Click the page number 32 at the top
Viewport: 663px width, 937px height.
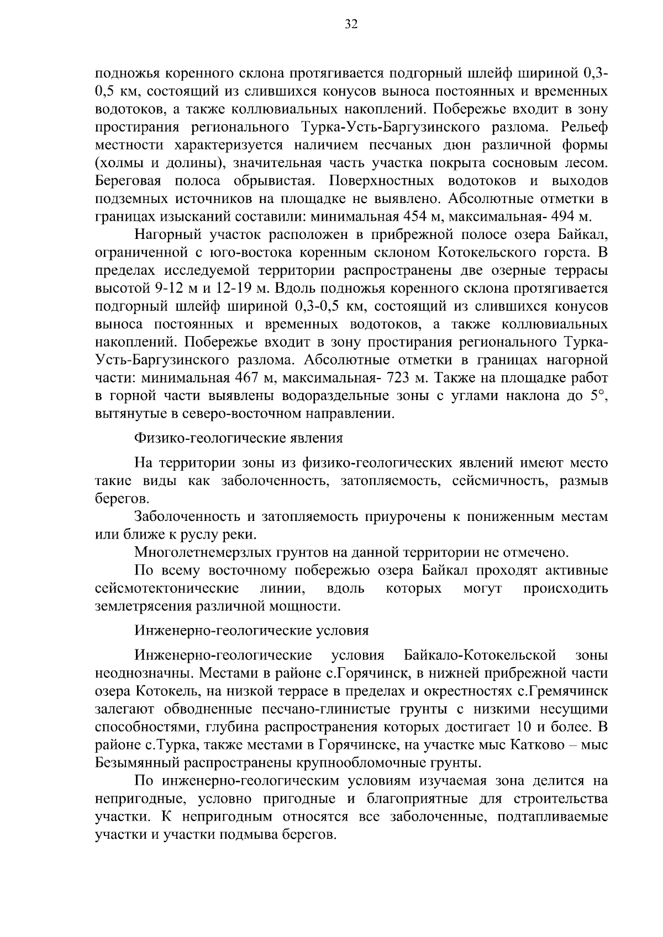pyautogui.click(x=351, y=24)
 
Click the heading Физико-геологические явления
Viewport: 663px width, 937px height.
pyautogui.click(x=239, y=438)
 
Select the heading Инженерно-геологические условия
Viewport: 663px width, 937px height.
pyautogui.click(x=251, y=630)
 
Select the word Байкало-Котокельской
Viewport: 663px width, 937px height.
pyautogui.click(x=480, y=656)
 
